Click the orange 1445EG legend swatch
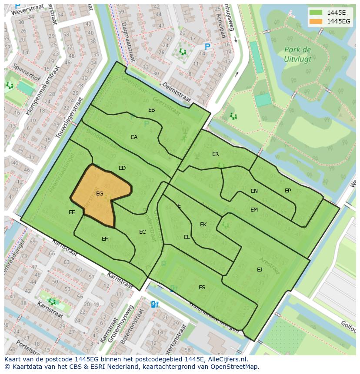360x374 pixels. coord(316,21)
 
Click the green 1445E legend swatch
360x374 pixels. coord(316,13)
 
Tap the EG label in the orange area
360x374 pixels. coord(100,194)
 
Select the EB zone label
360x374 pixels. coord(151,110)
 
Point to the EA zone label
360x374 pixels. coord(134,137)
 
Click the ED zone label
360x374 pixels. coord(122,168)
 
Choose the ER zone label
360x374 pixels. coord(215,154)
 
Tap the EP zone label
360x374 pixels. coord(288,191)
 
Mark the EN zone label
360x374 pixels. coord(254,191)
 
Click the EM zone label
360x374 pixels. coord(254,210)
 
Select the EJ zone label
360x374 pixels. coord(260,270)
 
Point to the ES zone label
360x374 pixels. coord(202,288)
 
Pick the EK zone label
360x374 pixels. coord(203,225)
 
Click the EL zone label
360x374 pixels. coord(187,237)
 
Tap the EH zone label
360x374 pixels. coord(105,239)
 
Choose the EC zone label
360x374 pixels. coord(142,232)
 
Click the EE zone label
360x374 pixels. coord(72,212)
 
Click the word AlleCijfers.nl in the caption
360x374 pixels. coord(226,359)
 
